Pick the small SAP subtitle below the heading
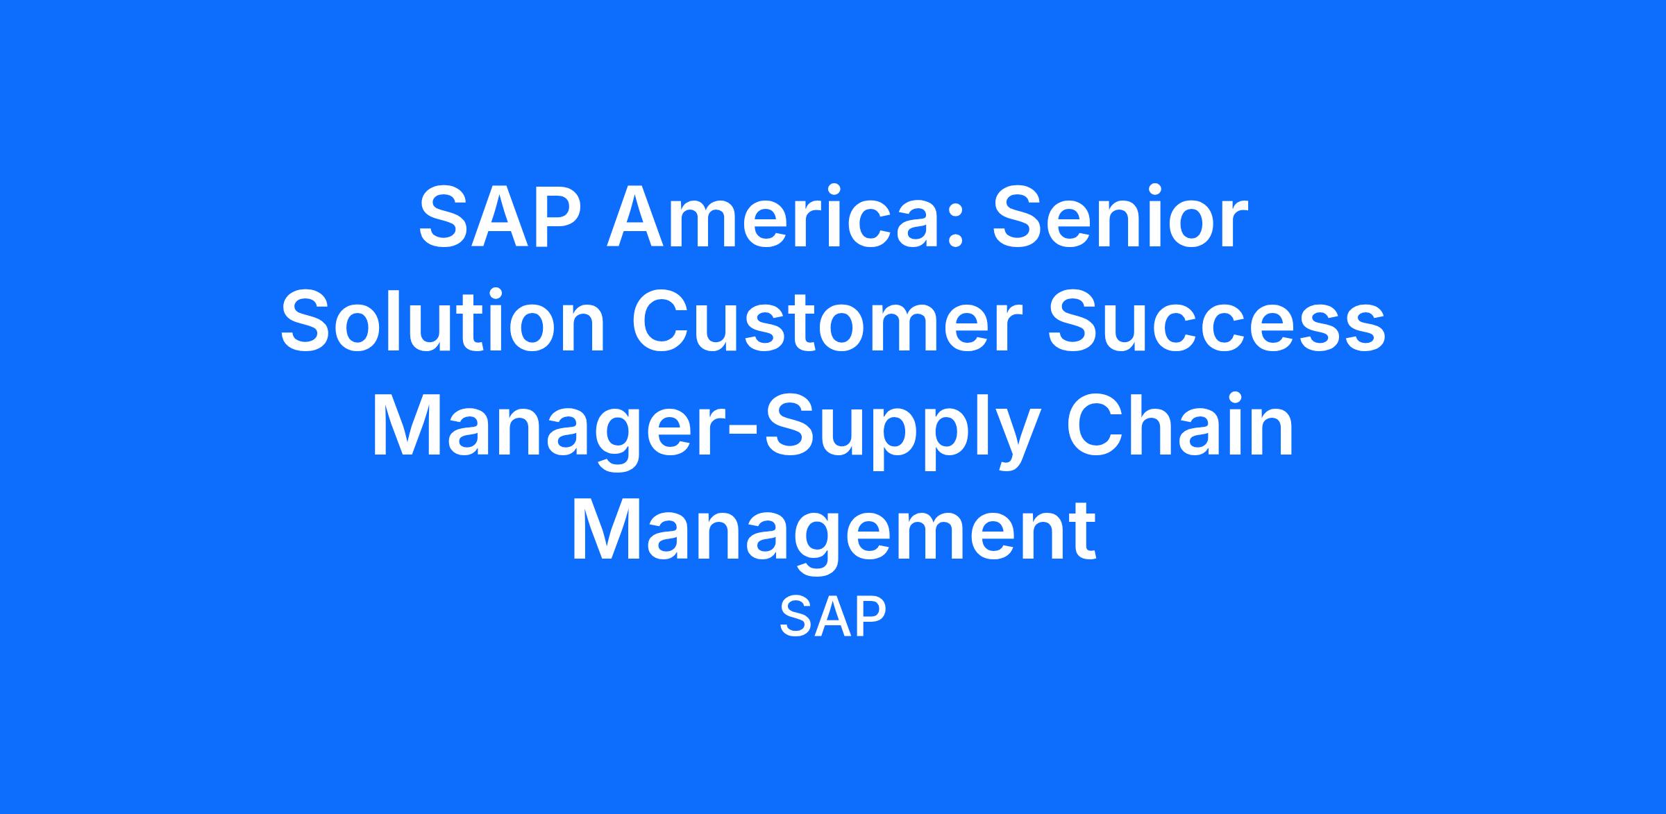tap(833, 617)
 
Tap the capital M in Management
tap(604, 533)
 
